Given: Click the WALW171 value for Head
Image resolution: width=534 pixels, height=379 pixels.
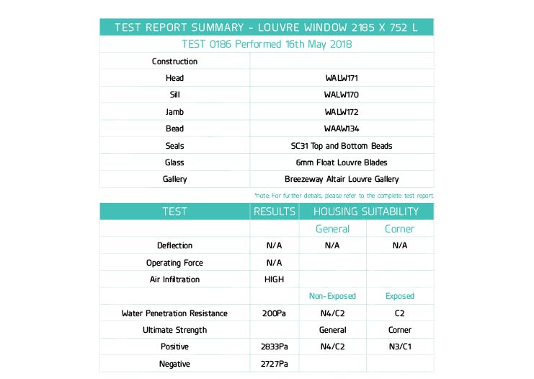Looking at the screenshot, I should click(342, 78).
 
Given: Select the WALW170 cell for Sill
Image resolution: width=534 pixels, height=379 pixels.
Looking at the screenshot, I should click(342, 95).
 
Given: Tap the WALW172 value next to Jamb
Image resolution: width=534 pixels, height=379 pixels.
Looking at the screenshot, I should click(342, 112).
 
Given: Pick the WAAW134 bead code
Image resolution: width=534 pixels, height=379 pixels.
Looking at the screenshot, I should click(342, 128).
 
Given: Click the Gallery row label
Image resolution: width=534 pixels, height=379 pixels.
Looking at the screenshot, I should click(174, 179).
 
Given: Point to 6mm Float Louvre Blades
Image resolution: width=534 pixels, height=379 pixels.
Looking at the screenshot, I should click(342, 162).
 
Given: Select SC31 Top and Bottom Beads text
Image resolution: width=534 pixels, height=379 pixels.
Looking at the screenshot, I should click(342, 146).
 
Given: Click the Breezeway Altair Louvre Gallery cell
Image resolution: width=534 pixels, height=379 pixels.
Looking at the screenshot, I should click(342, 179).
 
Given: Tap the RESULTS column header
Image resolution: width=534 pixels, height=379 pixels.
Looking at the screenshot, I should click(274, 212).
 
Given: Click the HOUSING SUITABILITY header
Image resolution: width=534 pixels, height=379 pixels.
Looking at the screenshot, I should click(366, 212).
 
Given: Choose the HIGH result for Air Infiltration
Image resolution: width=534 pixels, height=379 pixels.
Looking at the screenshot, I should click(274, 279).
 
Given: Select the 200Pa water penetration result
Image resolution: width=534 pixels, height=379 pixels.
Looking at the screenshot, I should click(274, 313).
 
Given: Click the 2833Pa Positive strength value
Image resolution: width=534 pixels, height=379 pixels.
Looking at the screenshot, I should click(274, 347).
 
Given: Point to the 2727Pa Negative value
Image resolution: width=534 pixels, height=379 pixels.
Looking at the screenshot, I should click(274, 364).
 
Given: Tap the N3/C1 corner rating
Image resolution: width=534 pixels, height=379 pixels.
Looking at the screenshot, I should click(399, 347).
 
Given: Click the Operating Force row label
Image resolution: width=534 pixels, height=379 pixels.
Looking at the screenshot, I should click(174, 263).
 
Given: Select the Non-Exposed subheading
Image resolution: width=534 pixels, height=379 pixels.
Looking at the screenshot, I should click(332, 296).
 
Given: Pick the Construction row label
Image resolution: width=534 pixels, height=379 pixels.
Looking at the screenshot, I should click(174, 61).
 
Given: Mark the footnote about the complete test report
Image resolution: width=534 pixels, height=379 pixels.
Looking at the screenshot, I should click(344, 196).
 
